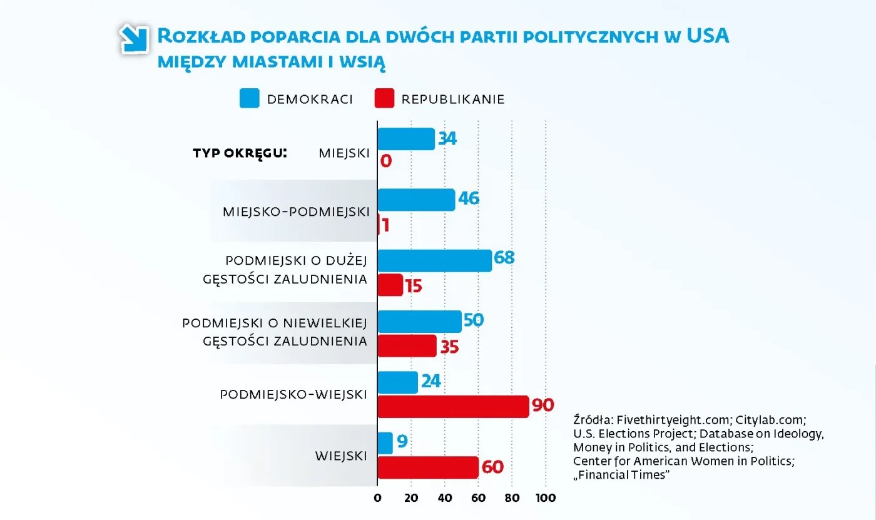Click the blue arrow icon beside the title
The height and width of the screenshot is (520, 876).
click(x=133, y=39)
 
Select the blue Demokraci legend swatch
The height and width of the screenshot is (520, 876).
click(x=249, y=99)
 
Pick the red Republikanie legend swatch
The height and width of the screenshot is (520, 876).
click(x=384, y=99)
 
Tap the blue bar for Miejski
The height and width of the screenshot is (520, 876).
click(x=406, y=139)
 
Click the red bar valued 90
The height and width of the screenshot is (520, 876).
click(x=453, y=407)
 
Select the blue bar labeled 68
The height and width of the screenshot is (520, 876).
click(x=434, y=260)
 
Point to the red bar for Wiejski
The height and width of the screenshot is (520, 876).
click(x=427, y=467)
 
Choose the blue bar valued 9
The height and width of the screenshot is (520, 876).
click(x=385, y=443)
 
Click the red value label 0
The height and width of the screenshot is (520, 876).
click(x=386, y=161)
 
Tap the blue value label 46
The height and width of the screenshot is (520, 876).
click(x=468, y=199)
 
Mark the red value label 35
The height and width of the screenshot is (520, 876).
click(x=449, y=347)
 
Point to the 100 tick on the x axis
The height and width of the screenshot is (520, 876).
click(x=546, y=498)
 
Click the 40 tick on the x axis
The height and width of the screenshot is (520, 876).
click(x=445, y=498)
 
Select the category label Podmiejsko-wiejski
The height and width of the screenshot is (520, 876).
click(x=293, y=394)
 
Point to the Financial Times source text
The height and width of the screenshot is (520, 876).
click(x=622, y=476)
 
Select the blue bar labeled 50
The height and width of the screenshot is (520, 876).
click(x=419, y=322)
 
